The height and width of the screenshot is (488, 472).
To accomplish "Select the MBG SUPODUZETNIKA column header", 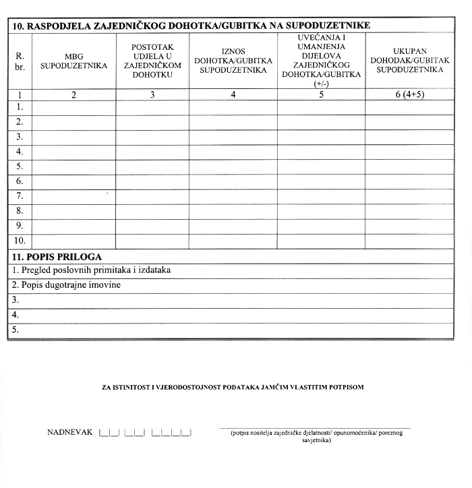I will pos(74,61).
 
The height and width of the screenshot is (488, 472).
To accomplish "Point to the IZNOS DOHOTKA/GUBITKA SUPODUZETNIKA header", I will pos(233,61).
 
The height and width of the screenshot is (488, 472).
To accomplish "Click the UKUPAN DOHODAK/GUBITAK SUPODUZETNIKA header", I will pos(409,61).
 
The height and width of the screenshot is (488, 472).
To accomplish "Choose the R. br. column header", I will pos(20,61).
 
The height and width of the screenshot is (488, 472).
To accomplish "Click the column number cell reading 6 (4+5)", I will pos(409,94).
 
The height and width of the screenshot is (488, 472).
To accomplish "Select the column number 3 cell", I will pos(152,94).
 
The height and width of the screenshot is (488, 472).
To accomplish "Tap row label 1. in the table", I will pos(20,107).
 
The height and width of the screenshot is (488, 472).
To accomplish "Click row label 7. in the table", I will pos(20,196).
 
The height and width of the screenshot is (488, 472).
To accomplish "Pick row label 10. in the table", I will pos(20,241).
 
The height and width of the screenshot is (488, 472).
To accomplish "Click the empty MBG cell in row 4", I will pos(74,152).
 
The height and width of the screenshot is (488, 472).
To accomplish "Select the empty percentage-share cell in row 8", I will pos(152,211).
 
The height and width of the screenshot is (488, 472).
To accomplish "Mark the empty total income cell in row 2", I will pos(409,122).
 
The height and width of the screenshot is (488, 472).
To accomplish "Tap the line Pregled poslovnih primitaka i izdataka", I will pos(92,270).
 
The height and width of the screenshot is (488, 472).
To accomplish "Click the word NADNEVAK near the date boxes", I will pos(69,432).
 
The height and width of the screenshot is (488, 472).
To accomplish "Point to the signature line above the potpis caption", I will pos(314,427).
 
